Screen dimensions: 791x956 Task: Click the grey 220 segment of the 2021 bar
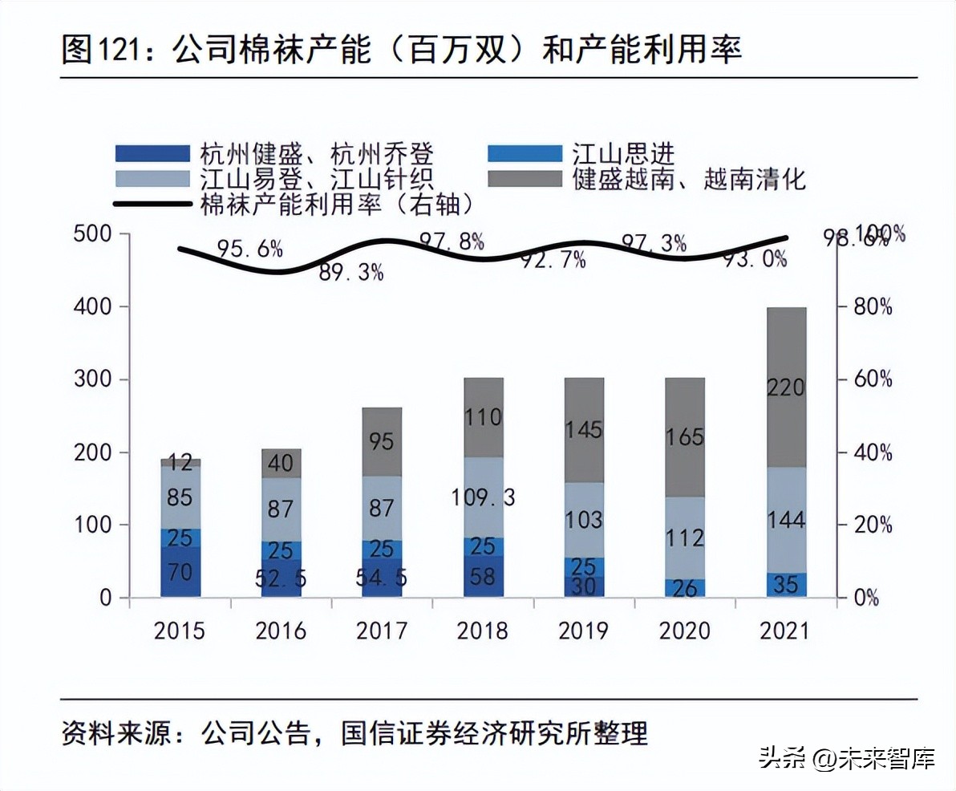[785, 387]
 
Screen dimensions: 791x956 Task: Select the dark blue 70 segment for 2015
[180, 573]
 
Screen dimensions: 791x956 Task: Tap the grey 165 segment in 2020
[684, 437]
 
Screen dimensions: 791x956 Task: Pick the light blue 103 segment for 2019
[583, 519]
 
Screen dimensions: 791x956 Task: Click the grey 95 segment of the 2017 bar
[382, 441]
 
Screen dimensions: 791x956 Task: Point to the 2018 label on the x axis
[482, 631]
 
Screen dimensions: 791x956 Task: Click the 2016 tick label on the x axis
[281, 631]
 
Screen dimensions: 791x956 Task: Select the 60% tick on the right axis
[871, 379]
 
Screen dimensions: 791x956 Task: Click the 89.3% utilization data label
[352, 273]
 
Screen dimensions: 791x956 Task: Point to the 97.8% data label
[452, 240]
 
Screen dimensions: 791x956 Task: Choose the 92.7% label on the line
[554, 260]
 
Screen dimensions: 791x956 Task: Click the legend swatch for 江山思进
[525, 153]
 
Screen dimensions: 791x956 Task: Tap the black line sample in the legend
[153, 204]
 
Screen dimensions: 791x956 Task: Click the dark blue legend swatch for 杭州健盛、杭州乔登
[153, 153]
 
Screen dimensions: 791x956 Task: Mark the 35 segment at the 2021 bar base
[785, 585]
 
